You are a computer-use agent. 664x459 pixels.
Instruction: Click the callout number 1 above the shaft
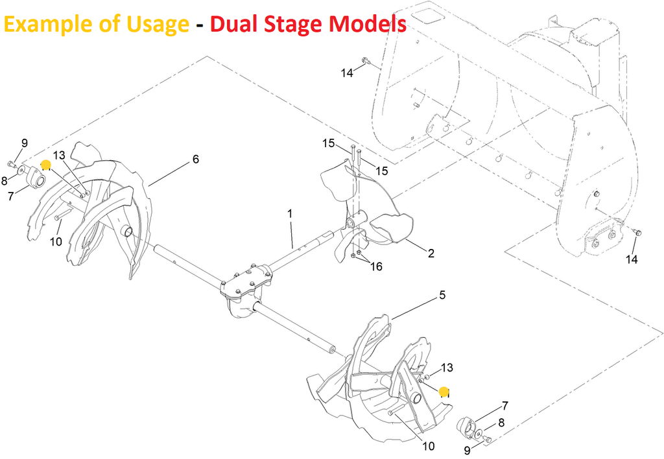click(290, 213)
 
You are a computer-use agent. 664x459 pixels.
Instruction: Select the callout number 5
click(442, 296)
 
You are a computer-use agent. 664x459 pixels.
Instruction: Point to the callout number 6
click(196, 159)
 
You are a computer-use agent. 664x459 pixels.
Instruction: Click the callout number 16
click(375, 266)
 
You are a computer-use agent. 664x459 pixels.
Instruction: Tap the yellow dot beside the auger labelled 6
click(46, 165)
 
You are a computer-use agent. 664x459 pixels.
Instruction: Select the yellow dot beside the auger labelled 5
click(444, 391)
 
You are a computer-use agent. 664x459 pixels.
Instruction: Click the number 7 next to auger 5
click(504, 406)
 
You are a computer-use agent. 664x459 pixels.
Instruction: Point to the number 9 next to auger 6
click(25, 143)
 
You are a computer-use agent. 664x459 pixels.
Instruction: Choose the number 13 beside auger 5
click(447, 368)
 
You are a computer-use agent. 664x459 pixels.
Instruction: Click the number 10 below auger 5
click(429, 446)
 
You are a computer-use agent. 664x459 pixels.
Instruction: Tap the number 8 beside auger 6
click(4, 182)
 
